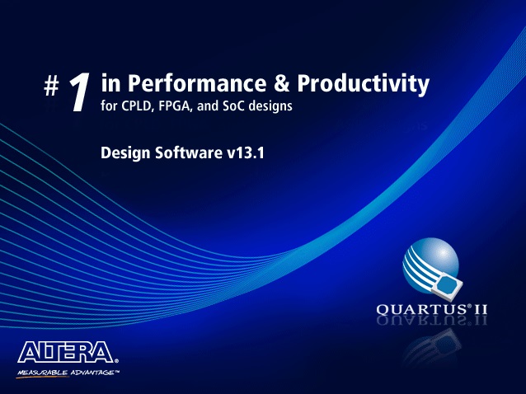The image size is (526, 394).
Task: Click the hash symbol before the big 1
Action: tap(51, 87)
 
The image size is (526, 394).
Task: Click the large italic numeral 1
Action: tap(79, 91)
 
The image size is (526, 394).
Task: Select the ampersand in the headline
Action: tap(282, 83)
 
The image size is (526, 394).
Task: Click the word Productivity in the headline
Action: tap(364, 84)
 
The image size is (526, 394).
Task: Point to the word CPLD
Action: tap(137, 106)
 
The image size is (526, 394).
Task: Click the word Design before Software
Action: tap(125, 153)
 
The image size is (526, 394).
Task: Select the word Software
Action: tap(189, 152)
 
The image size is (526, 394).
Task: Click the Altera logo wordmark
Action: tap(66, 352)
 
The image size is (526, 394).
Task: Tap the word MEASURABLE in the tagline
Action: tap(43, 373)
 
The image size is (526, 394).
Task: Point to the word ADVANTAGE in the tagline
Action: tap(92, 373)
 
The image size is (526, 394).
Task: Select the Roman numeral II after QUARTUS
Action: tap(480, 309)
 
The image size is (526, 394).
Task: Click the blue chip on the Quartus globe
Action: tap(447, 285)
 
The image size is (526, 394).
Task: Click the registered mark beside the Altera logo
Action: tap(116, 361)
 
